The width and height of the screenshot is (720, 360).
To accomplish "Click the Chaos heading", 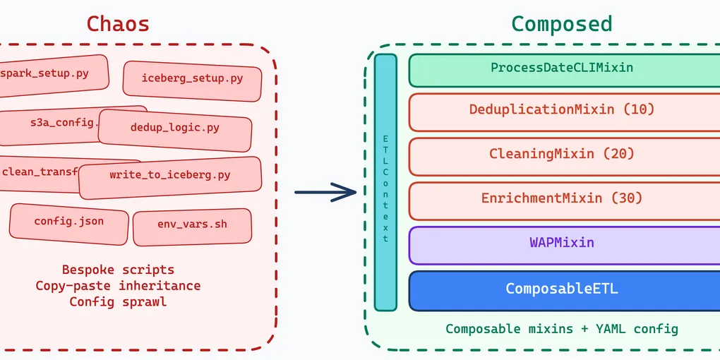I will [x=118, y=24].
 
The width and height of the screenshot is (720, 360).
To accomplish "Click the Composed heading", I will [x=561, y=24].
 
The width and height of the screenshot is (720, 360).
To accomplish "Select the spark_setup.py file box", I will [x=49, y=73].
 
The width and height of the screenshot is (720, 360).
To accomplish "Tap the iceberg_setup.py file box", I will [x=192, y=78].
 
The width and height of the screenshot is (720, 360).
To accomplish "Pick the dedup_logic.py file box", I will [x=175, y=128].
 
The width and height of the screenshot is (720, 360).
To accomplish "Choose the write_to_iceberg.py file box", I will [x=169, y=175].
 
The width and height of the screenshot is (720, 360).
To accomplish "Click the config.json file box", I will [x=69, y=222].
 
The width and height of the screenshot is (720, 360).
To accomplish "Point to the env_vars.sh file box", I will [x=192, y=225].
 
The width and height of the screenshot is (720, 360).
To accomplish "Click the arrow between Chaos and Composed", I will [x=325, y=192].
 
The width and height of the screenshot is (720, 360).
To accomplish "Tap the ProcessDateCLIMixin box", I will [x=562, y=68].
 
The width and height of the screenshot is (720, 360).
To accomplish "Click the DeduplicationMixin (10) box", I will [x=562, y=110].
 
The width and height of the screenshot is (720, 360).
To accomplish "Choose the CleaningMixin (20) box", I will [x=562, y=154].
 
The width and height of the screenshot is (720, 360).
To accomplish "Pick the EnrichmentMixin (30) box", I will [x=562, y=198].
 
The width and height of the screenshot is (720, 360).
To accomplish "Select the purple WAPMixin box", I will [x=562, y=243].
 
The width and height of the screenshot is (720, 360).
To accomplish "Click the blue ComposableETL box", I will [x=562, y=289].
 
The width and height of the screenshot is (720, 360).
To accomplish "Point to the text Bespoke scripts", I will [x=118, y=270].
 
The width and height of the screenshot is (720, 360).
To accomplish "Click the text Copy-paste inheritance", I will [x=118, y=286].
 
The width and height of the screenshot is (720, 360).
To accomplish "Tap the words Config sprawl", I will [x=118, y=302].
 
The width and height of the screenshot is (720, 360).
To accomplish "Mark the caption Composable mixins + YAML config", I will [x=562, y=329].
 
